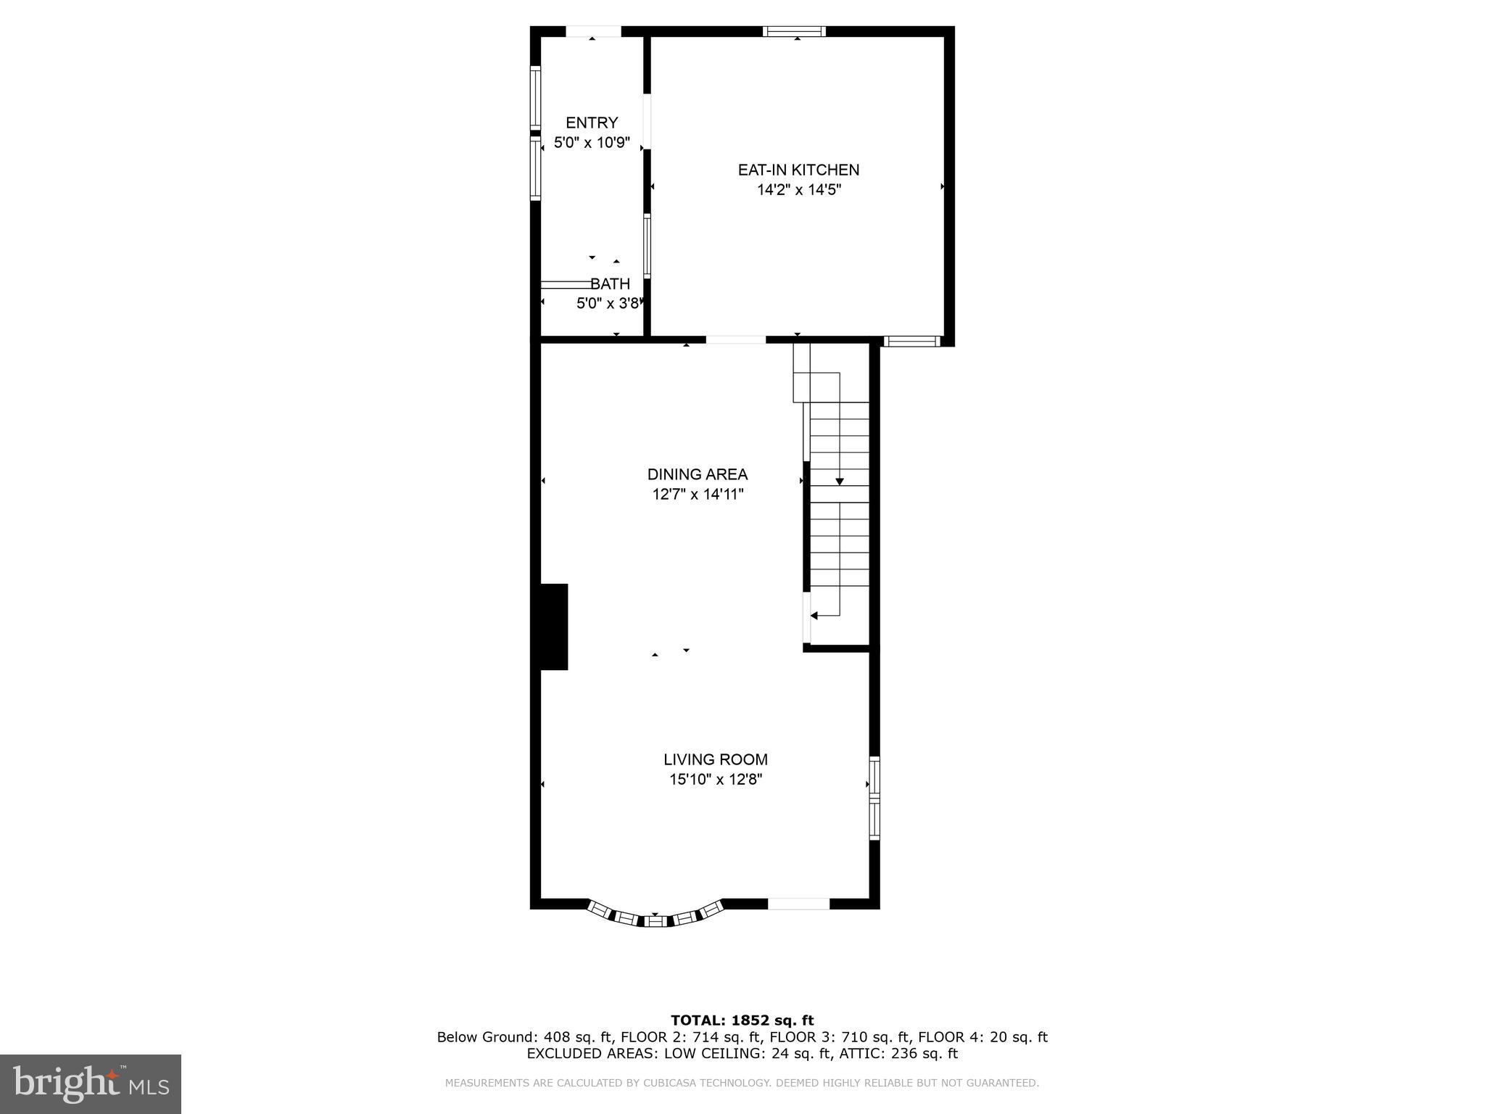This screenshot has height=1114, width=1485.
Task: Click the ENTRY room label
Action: [x=592, y=123]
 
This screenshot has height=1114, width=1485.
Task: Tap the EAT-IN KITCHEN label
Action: [x=798, y=170]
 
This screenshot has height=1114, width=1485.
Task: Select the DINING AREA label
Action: [x=697, y=474]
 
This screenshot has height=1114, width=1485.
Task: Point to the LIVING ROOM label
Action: [x=715, y=759]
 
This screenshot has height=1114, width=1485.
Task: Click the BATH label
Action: [x=610, y=284]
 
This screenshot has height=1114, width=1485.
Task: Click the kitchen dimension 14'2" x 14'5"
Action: [x=798, y=190]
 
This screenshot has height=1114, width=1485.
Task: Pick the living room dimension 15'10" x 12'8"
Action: [x=715, y=780]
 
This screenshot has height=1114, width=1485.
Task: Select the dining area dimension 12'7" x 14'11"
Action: [x=697, y=495]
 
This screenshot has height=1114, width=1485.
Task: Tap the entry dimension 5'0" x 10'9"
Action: [x=592, y=143]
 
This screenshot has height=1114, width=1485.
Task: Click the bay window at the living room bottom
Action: [x=655, y=917]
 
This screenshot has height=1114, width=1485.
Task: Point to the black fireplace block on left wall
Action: [x=553, y=627]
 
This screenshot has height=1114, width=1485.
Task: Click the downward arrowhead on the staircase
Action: [x=840, y=481]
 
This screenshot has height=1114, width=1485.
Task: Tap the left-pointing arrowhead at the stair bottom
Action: [x=814, y=616]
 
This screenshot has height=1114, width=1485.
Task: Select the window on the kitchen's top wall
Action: [x=795, y=31]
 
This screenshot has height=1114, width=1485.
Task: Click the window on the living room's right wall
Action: [x=874, y=798]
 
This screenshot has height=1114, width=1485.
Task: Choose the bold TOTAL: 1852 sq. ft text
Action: [x=742, y=1020]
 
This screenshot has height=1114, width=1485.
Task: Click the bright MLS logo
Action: [x=91, y=1084]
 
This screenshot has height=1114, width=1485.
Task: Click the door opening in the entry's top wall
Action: [x=593, y=31]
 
